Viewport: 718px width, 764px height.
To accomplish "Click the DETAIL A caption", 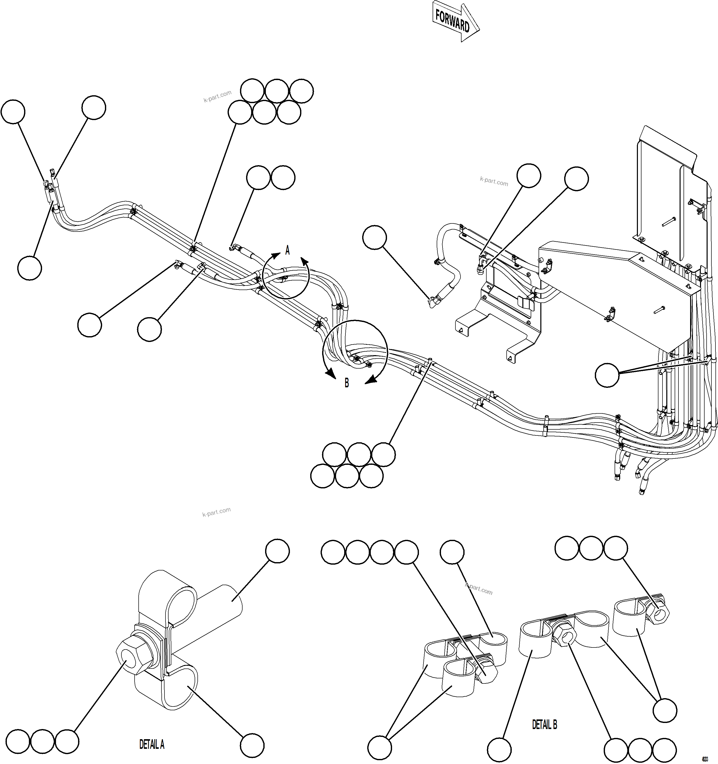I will pos(152,744).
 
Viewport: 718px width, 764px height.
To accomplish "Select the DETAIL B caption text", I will pos(544,724).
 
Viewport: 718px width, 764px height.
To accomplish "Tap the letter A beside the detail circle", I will pos(287,250).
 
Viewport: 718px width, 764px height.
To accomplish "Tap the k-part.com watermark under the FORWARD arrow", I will pos(494,181).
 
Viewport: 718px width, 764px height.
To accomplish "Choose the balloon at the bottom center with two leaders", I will pos(380,748).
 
